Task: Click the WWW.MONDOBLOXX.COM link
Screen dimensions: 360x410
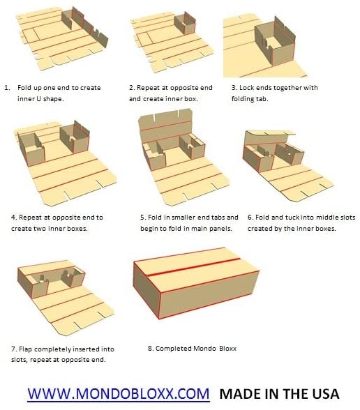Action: pos(119,393)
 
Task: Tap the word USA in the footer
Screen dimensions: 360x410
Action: pos(324,393)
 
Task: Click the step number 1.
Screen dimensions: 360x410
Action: pos(7,88)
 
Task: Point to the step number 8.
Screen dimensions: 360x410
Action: pos(150,349)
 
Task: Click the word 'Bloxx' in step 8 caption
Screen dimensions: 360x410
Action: pos(227,349)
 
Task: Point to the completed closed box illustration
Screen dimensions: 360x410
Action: pos(196,283)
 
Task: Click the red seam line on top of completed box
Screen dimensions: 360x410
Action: pos(194,267)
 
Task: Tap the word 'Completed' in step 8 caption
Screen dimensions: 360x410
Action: pos(173,349)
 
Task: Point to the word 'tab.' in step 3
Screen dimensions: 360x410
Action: pos(262,99)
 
